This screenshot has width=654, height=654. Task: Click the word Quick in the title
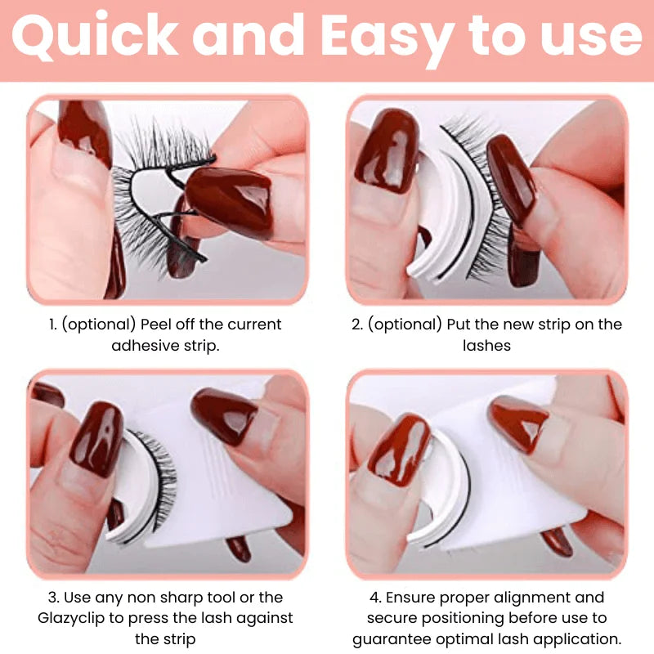pos(95,36)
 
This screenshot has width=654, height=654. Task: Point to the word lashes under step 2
pos(486,345)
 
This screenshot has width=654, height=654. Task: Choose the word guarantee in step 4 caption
pos(391,639)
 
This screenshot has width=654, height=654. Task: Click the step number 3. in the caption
pos(53,598)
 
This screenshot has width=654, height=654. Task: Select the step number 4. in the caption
pos(375,598)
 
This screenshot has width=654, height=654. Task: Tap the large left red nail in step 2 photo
pos(387,150)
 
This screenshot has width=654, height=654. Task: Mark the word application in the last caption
pos(577,639)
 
